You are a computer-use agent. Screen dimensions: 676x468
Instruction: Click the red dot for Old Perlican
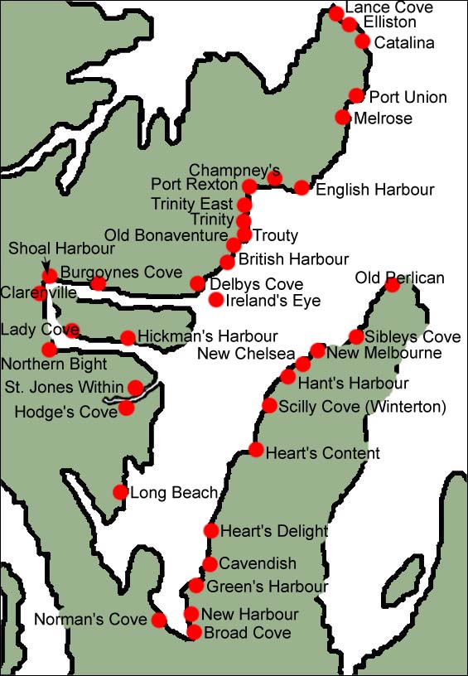pyautogui.click(x=392, y=286)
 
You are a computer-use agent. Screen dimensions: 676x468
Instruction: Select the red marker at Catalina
pyautogui.click(x=362, y=41)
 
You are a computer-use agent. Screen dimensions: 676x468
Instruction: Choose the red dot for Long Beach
pyautogui.click(x=120, y=492)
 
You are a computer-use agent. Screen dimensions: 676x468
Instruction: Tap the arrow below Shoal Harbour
pyautogui.click(x=45, y=263)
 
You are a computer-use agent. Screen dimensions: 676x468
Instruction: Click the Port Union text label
pyautogui.click(x=408, y=97)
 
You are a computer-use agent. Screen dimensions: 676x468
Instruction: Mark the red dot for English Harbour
pyautogui.click(x=302, y=188)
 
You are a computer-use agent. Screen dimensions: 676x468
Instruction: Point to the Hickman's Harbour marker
pyautogui.click(x=128, y=338)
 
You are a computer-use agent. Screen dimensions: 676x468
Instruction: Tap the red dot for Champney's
pyautogui.click(x=274, y=178)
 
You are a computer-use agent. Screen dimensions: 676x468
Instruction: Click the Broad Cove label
pyautogui.click(x=248, y=633)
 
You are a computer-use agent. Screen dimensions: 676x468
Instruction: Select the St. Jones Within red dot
pyautogui.click(x=135, y=387)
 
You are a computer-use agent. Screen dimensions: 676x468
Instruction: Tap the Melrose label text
pyautogui.click(x=382, y=118)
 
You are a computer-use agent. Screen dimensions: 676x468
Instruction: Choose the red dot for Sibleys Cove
pyautogui.click(x=355, y=336)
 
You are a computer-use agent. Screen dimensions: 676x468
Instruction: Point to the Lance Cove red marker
pyautogui.click(x=335, y=13)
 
